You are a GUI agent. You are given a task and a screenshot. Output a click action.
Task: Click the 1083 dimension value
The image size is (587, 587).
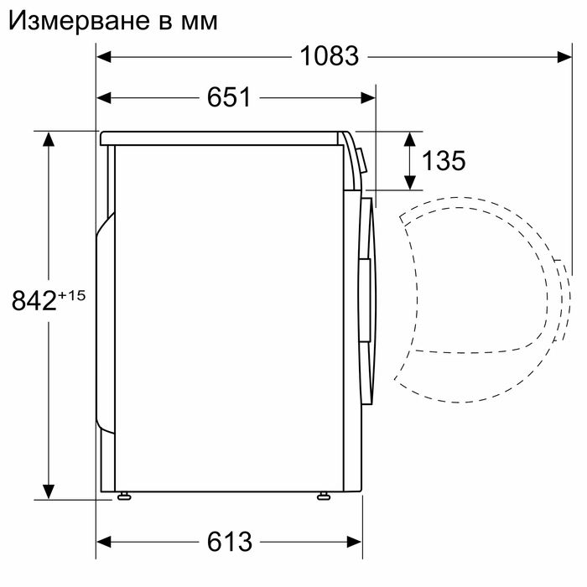coord(329,56)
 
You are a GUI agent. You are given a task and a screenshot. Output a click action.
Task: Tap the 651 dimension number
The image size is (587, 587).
coord(229,97)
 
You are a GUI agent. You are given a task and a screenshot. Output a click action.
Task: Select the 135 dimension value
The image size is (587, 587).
coord(443,160)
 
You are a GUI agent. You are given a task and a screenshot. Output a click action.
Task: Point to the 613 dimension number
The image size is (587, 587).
coord(229,542)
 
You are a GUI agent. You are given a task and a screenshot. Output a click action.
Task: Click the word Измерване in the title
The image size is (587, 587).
coord(75,20)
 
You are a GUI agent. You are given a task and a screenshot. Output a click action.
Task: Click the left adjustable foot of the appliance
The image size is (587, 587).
coord(125,496)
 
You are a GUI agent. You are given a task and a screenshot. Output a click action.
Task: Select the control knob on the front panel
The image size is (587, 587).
coord(361,160)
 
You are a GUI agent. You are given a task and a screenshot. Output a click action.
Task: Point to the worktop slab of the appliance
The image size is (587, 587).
coord(222,137)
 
